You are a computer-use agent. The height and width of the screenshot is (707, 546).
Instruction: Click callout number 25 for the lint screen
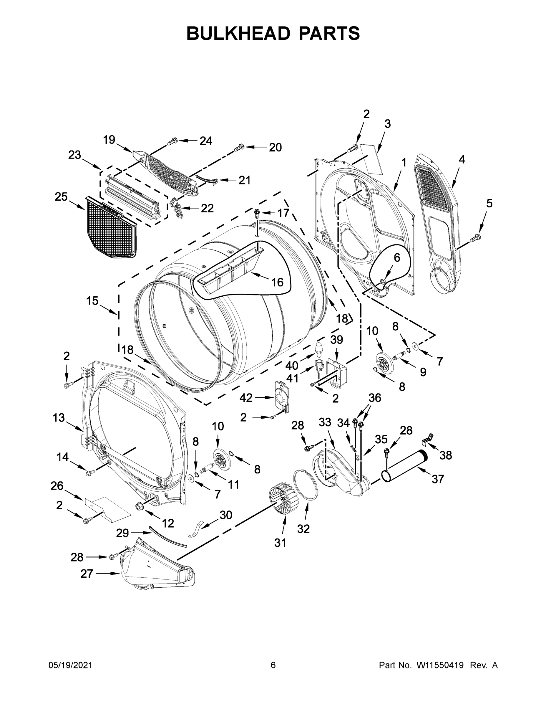(61, 196)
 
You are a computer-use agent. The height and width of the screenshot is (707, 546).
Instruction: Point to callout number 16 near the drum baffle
(277, 282)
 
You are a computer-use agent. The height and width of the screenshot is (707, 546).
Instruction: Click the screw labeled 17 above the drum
(258, 212)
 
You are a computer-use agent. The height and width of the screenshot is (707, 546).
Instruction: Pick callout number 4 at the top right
(462, 159)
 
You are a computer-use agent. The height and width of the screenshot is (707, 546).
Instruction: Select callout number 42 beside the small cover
(246, 398)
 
